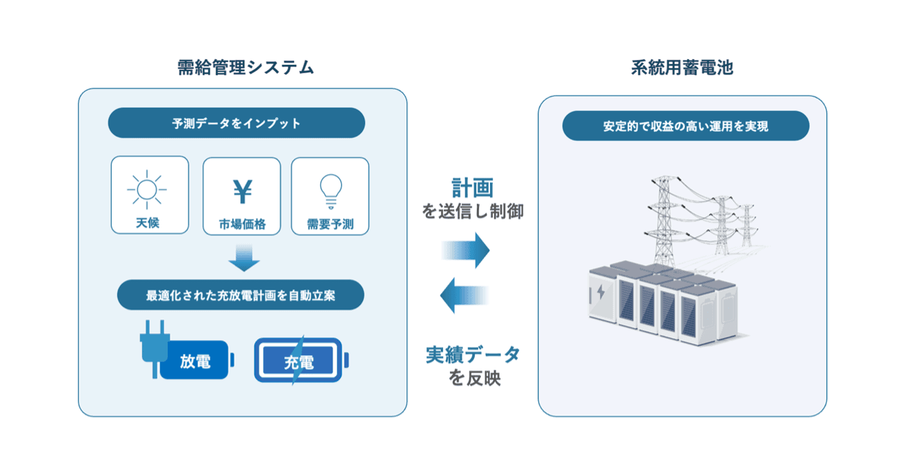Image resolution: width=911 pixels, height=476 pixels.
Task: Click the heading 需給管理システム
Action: pyautogui.click(x=246, y=68)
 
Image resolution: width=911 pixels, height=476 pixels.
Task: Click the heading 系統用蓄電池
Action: pyautogui.click(x=682, y=68)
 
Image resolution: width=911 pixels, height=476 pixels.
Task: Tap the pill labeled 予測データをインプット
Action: pyautogui.click(x=237, y=123)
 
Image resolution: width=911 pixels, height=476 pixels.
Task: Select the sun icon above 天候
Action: pyautogui.click(x=147, y=188)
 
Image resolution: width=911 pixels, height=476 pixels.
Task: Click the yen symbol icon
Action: pyautogui.click(x=242, y=192)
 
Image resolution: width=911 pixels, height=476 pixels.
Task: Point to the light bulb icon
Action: pyautogui.click(x=331, y=190)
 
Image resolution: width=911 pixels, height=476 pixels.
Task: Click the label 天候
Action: pyautogui.click(x=148, y=224)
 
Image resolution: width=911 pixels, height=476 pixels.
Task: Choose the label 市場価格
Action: pyautogui.click(x=242, y=224)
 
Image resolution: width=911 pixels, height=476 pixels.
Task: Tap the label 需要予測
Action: pyautogui.click(x=331, y=224)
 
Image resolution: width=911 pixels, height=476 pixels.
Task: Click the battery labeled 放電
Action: pyautogui.click(x=196, y=360)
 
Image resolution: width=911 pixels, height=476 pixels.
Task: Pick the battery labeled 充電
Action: pyautogui.click(x=300, y=360)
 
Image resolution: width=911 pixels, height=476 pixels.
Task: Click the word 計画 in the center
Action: pyautogui.click(x=473, y=188)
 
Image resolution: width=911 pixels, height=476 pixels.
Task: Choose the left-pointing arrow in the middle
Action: pyautogui.click(x=465, y=295)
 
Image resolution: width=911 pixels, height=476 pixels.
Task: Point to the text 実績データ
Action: pyautogui.click(x=473, y=355)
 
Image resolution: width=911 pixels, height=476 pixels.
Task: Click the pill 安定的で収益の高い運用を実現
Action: pyautogui.click(x=685, y=126)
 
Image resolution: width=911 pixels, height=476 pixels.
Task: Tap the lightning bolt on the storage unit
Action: pyautogui.click(x=600, y=292)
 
